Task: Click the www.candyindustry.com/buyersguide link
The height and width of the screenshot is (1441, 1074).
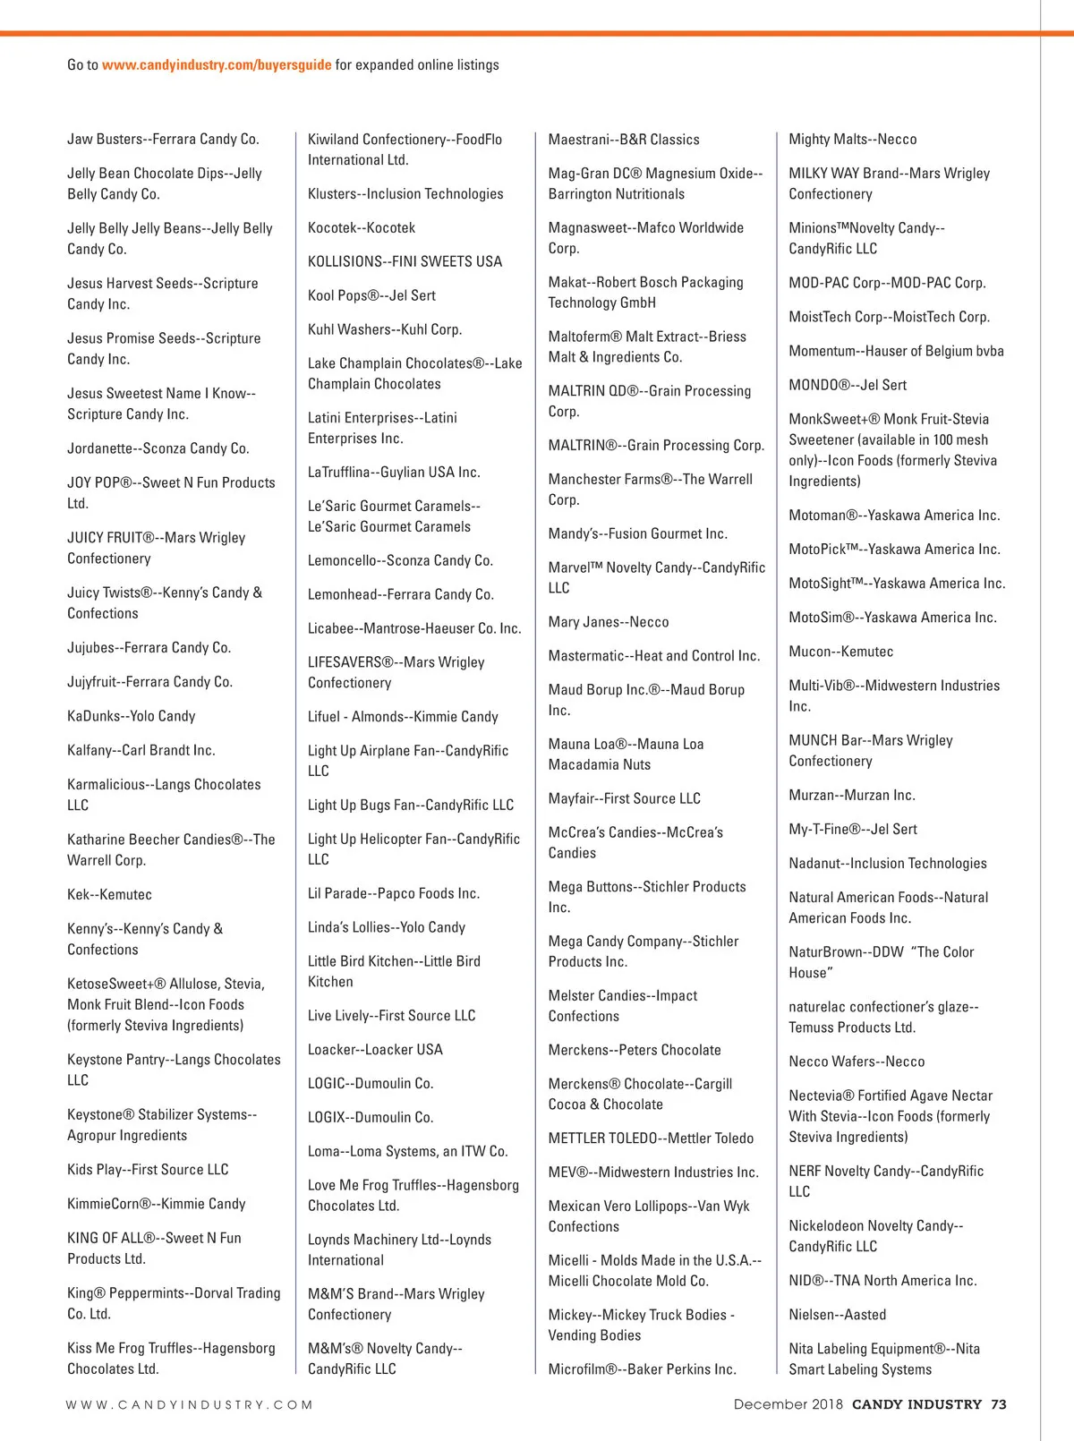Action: click(217, 64)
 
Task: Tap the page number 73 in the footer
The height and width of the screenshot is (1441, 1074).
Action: click(999, 1404)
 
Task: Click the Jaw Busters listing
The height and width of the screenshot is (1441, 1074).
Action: click(163, 139)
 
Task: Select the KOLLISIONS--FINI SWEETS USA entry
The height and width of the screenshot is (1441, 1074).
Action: click(405, 261)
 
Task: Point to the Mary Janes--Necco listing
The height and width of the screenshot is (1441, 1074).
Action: click(609, 622)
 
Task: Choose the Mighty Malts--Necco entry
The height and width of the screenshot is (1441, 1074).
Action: click(852, 139)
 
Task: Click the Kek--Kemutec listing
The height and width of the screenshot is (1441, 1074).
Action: click(109, 894)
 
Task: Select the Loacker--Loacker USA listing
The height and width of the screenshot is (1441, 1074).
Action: click(375, 1049)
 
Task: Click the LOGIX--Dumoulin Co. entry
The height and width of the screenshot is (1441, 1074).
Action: click(371, 1117)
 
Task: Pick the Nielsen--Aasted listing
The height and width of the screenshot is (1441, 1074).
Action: click(837, 1314)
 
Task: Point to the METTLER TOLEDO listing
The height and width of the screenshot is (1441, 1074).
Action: click(651, 1138)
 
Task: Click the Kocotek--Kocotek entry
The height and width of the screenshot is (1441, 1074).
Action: click(362, 227)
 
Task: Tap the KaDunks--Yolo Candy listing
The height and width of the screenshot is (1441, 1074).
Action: click(131, 716)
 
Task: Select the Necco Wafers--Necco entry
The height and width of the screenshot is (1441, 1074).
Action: click(857, 1062)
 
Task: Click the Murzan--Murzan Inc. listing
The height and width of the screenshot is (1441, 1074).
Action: click(851, 795)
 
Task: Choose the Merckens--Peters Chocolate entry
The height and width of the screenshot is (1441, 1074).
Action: click(635, 1050)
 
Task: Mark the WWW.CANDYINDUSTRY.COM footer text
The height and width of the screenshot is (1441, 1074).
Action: click(189, 1405)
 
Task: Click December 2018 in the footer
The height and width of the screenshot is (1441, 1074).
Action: click(788, 1404)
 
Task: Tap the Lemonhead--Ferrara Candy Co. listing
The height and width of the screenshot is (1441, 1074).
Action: click(400, 594)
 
